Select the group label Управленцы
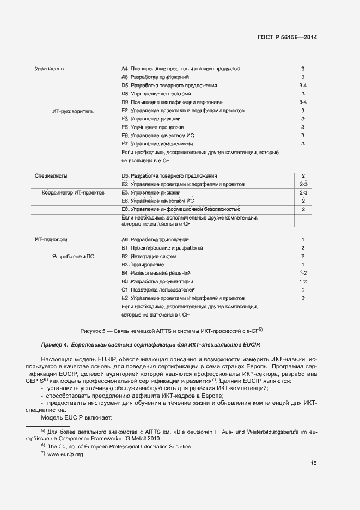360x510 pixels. pos(50,69)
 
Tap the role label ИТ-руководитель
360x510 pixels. pos(73,111)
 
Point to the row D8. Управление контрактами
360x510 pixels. pos(157,94)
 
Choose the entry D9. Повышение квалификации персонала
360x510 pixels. pos(172,102)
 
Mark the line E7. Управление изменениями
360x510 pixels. pos(158,144)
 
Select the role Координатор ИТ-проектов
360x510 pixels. pos(73,193)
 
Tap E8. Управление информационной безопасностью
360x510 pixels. pos(181,209)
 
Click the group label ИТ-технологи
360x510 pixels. pos(51,240)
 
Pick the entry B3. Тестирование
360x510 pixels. pos(143,265)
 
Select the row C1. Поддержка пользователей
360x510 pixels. pos(158,289)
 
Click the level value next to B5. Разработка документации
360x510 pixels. pos(303,281)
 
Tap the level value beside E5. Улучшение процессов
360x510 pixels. pos(303,127)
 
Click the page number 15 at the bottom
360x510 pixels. pos(314,463)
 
